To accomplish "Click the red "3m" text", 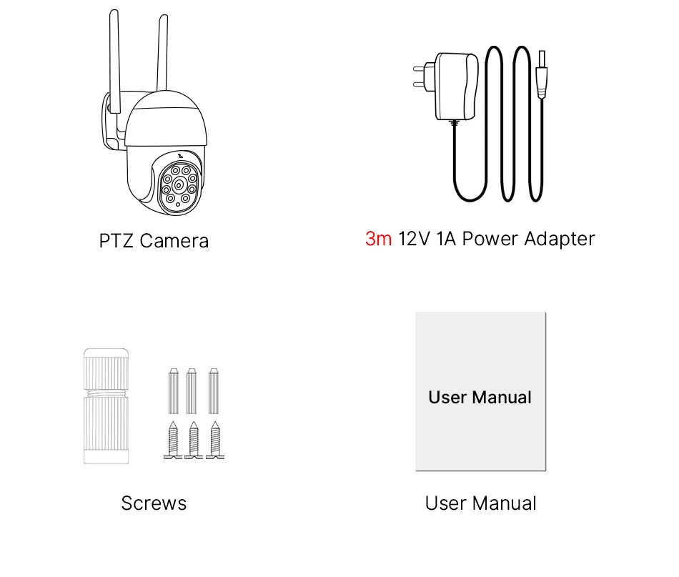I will coord(378,239).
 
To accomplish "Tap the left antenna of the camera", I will coord(114,57).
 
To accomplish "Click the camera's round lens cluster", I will coord(178,184).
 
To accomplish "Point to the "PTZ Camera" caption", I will coord(154,241).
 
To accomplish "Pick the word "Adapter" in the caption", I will coord(559,239).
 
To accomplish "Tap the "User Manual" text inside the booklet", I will coord(480,397).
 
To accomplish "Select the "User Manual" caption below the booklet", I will coord(480,503).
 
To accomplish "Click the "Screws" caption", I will coord(154,503).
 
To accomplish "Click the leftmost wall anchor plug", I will coord(172,391).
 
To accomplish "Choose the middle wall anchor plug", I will coord(192,391).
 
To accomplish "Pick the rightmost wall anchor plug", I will coord(213,391).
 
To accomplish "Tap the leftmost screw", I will coord(173,440).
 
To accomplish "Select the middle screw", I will coord(193,440).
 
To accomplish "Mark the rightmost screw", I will coord(214,440).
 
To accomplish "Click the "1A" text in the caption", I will coord(445,239).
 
